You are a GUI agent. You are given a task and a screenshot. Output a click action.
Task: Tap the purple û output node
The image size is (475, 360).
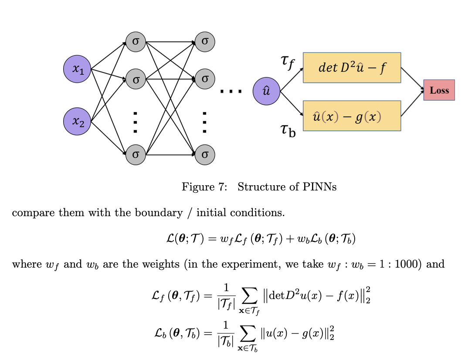[266, 92]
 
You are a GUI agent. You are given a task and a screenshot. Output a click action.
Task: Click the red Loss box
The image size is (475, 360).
[439, 90]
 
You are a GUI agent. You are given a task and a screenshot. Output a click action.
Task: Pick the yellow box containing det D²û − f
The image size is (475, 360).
[352, 68]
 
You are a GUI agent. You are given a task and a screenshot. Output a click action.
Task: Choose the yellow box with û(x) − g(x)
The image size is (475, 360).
[352, 116]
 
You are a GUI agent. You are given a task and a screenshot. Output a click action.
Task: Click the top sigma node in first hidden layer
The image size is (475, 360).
[136, 42]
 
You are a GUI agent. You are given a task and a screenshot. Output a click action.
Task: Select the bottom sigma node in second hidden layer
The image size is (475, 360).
[205, 154]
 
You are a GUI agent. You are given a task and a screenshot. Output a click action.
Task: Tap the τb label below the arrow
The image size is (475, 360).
[288, 129]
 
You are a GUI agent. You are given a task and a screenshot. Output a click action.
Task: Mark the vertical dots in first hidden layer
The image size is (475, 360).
[136, 122]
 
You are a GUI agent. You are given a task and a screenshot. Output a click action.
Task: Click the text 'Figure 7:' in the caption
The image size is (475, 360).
[204, 187]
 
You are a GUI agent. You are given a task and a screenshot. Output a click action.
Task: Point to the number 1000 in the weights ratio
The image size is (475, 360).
[409, 264]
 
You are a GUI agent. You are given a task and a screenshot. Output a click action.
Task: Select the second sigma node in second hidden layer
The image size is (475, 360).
[205, 79]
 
